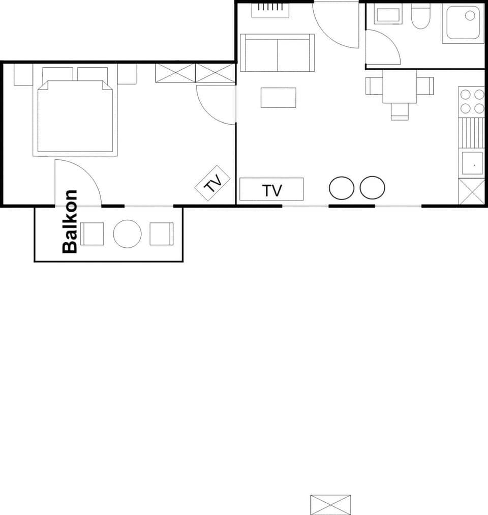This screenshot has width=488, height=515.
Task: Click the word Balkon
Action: click(x=70, y=221)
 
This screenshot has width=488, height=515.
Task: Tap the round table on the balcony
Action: click(x=127, y=234)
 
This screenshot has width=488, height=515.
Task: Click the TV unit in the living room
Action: click(x=271, y=189)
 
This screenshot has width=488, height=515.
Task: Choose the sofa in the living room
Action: click(x=277, y=53)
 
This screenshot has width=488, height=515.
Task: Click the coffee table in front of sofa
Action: click(x=278, y=98)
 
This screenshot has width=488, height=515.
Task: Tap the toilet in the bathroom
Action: click(x=420, y=16)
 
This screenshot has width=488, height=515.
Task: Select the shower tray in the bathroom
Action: click(x=463, y=23)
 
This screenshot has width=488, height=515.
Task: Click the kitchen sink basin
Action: click(x=472, y=163)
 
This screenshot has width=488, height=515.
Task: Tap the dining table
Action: click(x=400, y=87)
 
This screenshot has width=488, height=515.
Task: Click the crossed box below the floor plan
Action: click(x=330, y=504)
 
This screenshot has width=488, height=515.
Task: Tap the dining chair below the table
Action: click(x=400, y=111)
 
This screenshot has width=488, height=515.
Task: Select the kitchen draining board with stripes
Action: click(x=471, y=132)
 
